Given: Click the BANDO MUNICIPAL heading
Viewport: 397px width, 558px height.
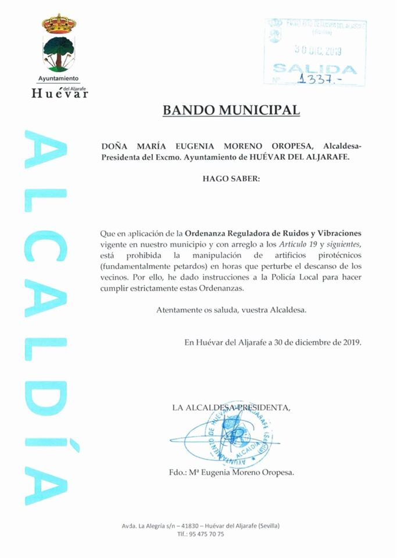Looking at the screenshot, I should [231, 110].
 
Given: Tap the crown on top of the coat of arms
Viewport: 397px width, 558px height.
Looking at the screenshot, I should [59, 24].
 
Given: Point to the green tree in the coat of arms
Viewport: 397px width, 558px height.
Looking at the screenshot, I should [59, 47].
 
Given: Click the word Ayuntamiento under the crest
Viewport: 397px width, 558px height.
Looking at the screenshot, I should [58, 78].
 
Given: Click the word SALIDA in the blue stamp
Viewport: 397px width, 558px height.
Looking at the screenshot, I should [315, 68].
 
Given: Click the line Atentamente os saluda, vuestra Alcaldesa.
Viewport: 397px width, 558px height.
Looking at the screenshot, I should [231, 310].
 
